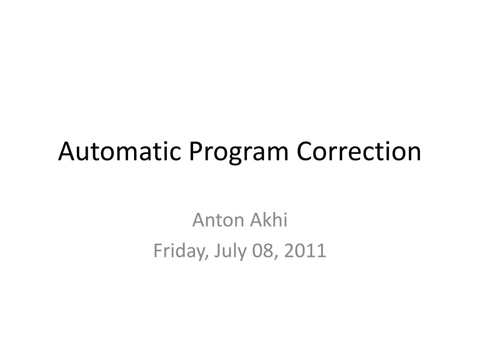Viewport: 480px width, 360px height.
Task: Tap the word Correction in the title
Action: coord(360,151)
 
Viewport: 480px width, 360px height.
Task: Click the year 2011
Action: coord(305,251)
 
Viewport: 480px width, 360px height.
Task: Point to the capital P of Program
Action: coord(195,151)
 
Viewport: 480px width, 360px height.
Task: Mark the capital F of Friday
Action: coord(157,251)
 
